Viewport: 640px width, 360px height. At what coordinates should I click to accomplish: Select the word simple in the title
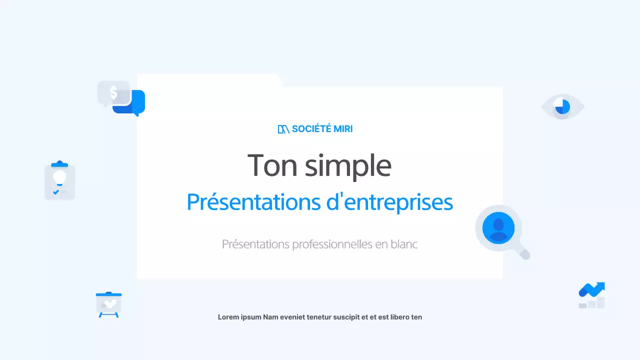tap(348, 166)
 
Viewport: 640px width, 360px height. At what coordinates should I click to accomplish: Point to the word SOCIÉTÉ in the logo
tap(311, 129)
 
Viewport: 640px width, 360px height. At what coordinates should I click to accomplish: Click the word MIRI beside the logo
tap(343, 129)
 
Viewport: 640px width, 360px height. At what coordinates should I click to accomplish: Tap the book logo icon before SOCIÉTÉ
tap(283, 129)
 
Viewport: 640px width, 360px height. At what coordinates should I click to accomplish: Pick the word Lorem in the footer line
tap(227, 317)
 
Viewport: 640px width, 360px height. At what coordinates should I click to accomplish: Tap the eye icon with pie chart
tap(562, 106)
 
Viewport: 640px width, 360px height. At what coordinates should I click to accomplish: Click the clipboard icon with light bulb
tap(59, 181)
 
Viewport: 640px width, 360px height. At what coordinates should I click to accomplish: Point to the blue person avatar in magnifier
tap(498, 228)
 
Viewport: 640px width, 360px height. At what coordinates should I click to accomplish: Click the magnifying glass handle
tap(523, 254)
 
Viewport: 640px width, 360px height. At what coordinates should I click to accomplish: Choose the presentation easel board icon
tap(108, 304)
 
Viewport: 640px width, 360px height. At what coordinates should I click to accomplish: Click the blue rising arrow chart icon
tap(592, 294)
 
